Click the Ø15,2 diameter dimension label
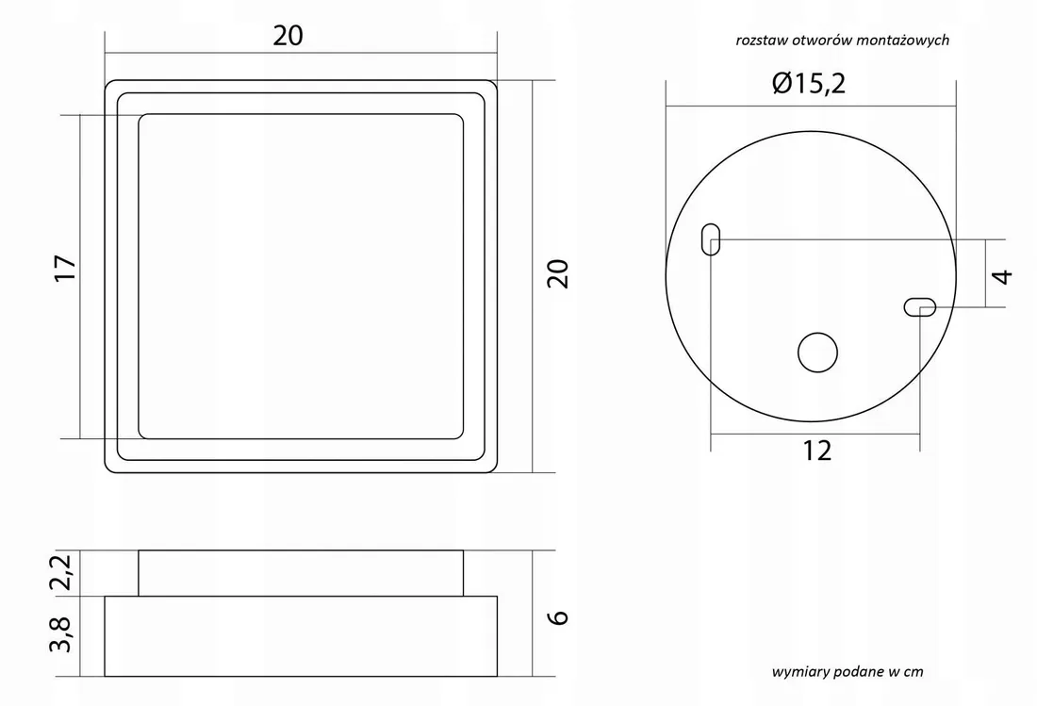point(809,83)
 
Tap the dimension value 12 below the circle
point(816,451)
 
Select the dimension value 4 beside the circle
point(1003,275)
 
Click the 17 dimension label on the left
point(65,268)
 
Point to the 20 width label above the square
point(288,36)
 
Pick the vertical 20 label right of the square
point(558,273)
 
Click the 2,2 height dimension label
point(61,572)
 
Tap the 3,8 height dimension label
point(61,634)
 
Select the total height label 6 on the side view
point(559,616)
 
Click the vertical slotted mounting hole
point(710,239)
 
